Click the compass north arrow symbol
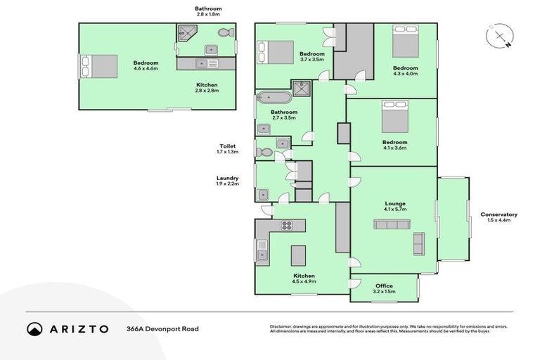pyautogui.click(x=499, y=37)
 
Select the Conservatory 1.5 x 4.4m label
pyautogui.click(x=499, y=217)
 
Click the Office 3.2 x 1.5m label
pyautogui.click(x=383, y=288)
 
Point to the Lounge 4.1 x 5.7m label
pyautogui.click(x=394, y=207)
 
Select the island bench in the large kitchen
pyautogui.click(x=299, y=254)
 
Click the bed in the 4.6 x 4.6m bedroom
pyautogui.click(x=99, y=66)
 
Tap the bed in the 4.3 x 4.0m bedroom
pyautogui.click(x=404, y=44)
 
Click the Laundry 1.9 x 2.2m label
pyautogui.click(x=228, y=181)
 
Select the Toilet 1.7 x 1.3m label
pyautogui.click(x=228, y=149)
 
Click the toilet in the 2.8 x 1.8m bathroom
pyautogui.click(x=225, y=33)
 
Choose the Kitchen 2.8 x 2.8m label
pyautogui.click(x=207, y=86)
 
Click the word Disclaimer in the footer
pyautogui.click(x=282, y=327)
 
